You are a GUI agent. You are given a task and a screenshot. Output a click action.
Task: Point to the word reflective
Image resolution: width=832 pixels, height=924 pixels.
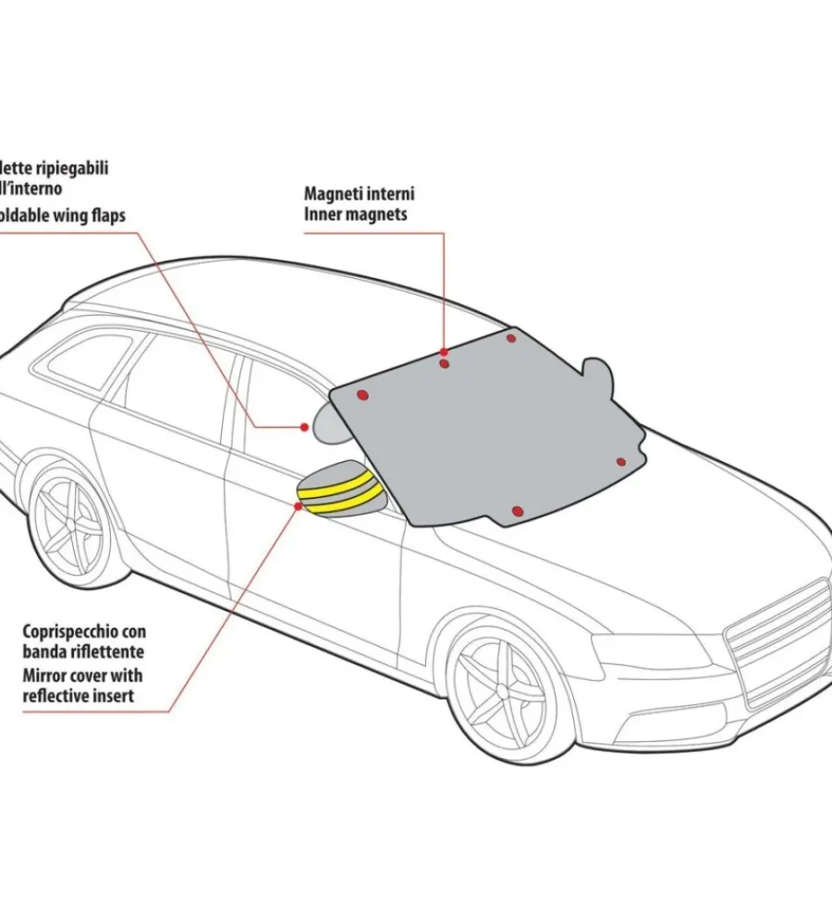pos(56,695)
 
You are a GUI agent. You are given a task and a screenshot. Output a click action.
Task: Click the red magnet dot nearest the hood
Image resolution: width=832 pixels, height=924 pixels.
pos(621,462)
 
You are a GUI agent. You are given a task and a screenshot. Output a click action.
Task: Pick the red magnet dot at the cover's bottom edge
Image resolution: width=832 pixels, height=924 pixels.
pos(518,511)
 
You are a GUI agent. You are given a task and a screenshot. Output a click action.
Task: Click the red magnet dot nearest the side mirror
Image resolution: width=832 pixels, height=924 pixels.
pos(363,395)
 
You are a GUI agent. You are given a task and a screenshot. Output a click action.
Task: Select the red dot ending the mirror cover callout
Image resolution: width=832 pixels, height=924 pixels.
pos(299,506)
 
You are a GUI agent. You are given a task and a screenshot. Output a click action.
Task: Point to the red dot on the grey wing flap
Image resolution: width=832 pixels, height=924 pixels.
pos(305,427)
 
